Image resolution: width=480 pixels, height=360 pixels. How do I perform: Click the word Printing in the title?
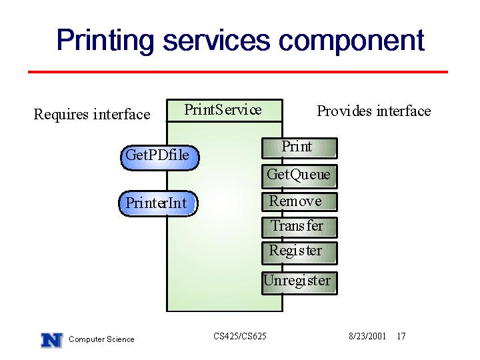click(105, 41)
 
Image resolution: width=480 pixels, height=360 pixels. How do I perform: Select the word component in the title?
click(351, 41)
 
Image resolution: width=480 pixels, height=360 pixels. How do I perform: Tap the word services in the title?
click(216, 41)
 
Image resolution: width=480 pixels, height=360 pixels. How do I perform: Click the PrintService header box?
click(225, 110)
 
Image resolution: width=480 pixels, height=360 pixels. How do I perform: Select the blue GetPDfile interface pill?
click(159, 157)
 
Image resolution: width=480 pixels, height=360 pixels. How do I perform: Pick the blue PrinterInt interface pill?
click(158, 203)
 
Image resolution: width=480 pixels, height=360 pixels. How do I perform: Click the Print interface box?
click(299, 148)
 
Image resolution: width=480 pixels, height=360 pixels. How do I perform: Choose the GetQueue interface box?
click(299, 176)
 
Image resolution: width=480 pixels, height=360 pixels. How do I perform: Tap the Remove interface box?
click(299, 202)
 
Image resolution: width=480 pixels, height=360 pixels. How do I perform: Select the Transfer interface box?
click(299, 227)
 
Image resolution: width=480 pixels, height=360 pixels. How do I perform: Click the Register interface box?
click(299, 253)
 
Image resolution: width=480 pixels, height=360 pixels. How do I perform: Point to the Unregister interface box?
click(299, 283)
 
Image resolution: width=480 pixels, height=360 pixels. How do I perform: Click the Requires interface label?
click(92, 115)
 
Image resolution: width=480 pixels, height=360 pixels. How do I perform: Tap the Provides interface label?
click(374, 111)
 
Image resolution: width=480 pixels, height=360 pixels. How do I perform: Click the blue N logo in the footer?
click(52, 340)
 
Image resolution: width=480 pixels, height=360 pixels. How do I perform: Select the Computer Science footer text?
click(101, 339)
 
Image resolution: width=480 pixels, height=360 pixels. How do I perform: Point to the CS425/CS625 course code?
click(240, 336)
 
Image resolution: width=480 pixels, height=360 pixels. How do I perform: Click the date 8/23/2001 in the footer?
click(367, 336)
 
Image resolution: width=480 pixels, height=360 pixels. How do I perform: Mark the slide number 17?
click(401, 336)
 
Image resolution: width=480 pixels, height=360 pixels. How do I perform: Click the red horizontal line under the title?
click(238, 72)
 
